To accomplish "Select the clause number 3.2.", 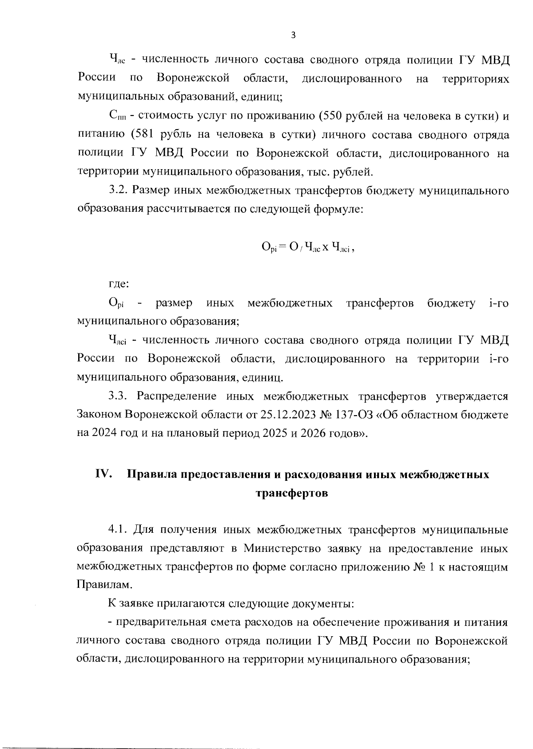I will (x=118, y=190).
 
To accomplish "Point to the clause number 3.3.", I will (x=118, y=396).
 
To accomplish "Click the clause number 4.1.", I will (x=118, y=530).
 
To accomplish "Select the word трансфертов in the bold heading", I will (x=292, y=493).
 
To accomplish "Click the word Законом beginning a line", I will (x=99, y=415).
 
